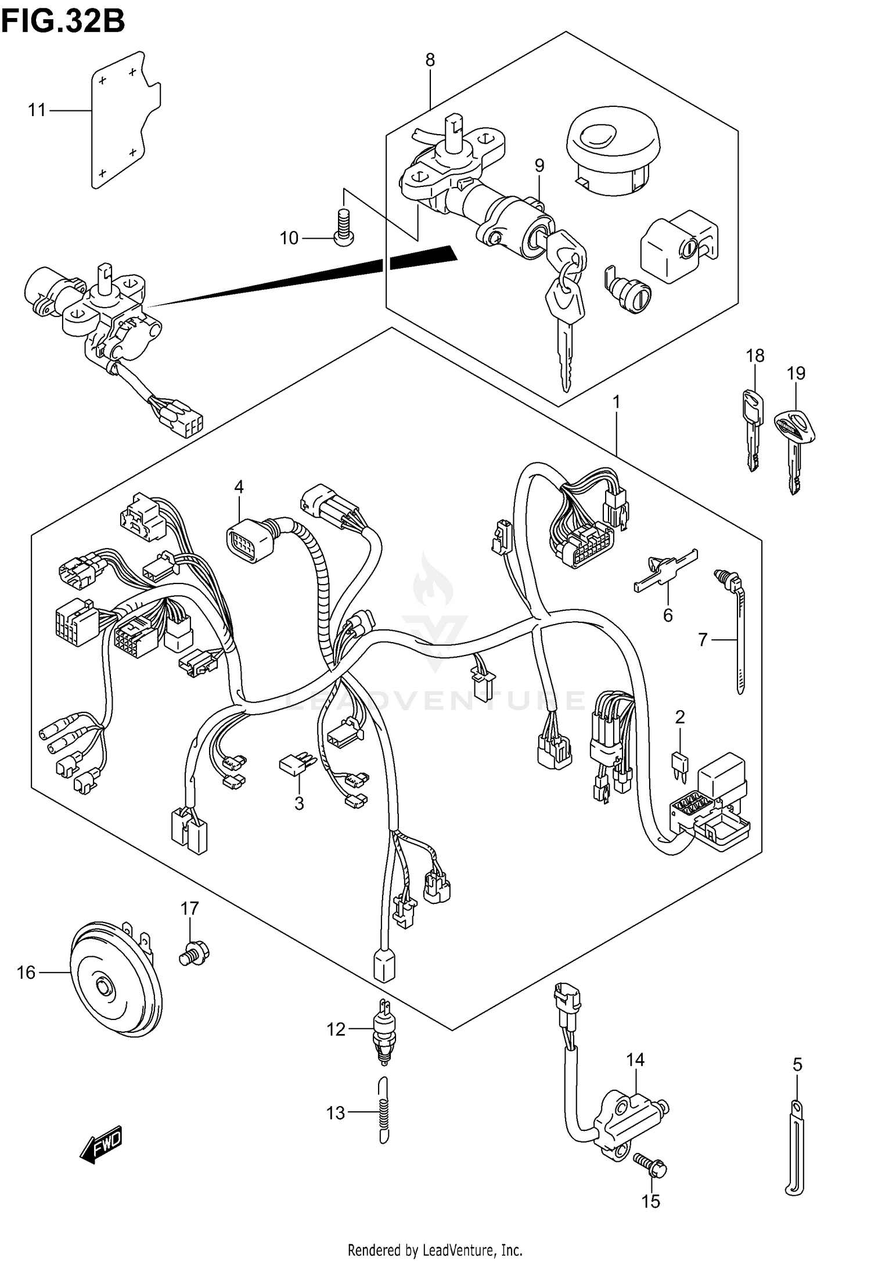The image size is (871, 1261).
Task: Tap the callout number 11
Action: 37,110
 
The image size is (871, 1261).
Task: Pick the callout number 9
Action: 539,166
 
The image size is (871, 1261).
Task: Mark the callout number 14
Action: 635,1060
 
